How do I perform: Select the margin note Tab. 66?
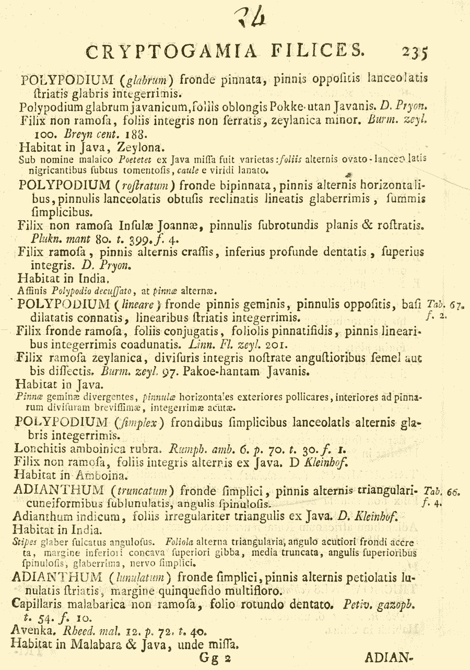[441, 491]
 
